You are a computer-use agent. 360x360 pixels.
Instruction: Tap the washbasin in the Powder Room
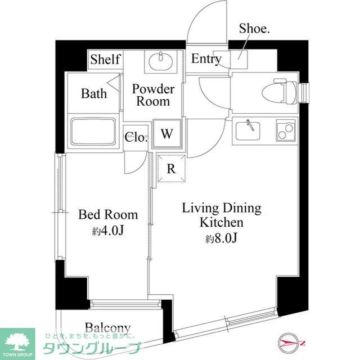pos(161,61)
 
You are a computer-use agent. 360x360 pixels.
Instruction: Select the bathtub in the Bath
pos(93,131)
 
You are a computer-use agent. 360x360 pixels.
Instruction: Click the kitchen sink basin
pos(248,130)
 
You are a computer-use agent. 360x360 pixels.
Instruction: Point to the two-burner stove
pos(286,130)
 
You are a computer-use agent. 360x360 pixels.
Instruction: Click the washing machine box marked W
pos(167,133)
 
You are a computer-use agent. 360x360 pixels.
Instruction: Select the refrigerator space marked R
pos(171,169)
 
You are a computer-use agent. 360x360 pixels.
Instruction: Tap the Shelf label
pos(105,59)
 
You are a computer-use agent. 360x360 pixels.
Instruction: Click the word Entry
pos(206,58)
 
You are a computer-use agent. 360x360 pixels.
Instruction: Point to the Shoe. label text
pos(254,29)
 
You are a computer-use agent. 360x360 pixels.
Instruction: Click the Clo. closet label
pos(136,137)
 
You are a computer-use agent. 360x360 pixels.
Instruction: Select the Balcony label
pos(107,328)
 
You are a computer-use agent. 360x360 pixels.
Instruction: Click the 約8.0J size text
pos(221,238)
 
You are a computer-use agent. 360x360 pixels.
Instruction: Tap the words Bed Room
pos(108,215)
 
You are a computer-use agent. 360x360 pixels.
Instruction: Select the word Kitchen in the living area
pos(221,222)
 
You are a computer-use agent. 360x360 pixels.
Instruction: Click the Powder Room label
pos(153,95)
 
